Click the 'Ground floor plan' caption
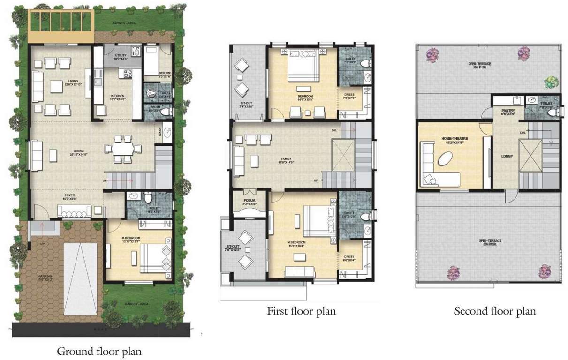coord(99,351)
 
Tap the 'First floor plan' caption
coord(301,310)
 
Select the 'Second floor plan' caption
coord(495,311)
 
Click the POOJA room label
coord(249,202)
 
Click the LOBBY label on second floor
coord(507,156)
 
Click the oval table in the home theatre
coord(446,160)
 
